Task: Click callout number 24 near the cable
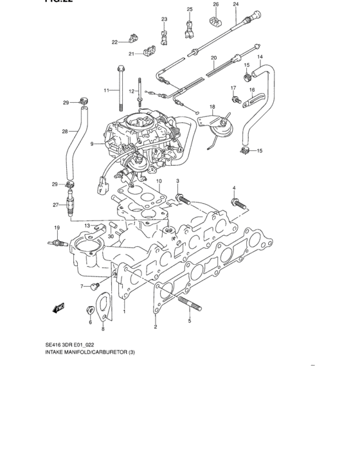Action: click(235, 4)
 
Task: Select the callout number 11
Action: click(107, 90)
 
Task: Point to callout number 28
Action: click(65, 132)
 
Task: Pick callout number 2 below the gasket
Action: click(156, 327)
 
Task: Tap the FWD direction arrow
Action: click(59, 308)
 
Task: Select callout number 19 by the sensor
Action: click(57, 228)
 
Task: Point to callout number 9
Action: click(93, 144)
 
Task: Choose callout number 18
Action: click(212, 105)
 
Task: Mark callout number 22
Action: click(115, 42)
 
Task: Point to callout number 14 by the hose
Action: click(261, 57)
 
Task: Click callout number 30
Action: click(111, 236)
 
